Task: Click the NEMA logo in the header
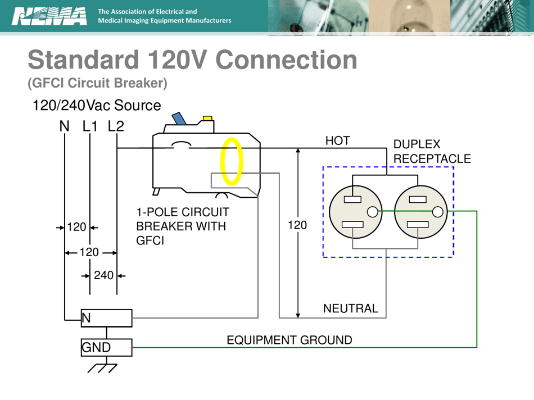pyautogui.click(x=49, y=16)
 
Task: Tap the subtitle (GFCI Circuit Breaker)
pyautogui.click(x=97, y=83)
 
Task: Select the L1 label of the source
pyautogui.click(x=90, y=126)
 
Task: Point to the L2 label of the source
pyautogui.click(x=116, y=126)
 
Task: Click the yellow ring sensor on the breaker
pyautogui.click(x=232, y=162)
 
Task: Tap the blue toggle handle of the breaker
pyautogui.click(x=180, y=119)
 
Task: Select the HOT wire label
pyautogui.click(x=337, y=141)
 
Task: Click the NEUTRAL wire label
pyautogui.click(x=350, y=308)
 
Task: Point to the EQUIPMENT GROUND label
pyautogui.click(x=289, y=340)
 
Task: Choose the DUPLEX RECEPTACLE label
pyautogui.click(x=432, y=152)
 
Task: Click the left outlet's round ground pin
pyautogui.click(x=372, y=212)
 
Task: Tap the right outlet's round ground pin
pyautogui.click(x=438, y=212)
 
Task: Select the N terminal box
pyautogui.click(x=106, y=318)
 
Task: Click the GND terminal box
pyautogui.click(x=106, y=347)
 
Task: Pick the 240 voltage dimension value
pyautogui.click(x=103, y=275)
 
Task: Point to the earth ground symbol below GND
pyautogui.click(x=102, y=367)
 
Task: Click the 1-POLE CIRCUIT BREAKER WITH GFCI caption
pyautogui.click(x=183, y=226)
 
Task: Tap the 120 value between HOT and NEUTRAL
pyautogui.click(x=297, y=225)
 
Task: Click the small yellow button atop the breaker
pyautogui.click(x=207, y=119)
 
